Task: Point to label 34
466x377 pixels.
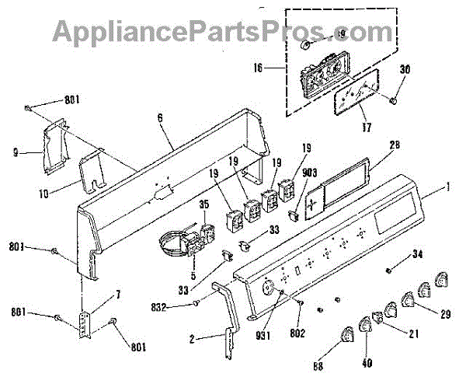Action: [x=418, y=253]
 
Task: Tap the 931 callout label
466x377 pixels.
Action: [x=269, y=323]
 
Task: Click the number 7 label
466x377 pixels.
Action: [x=118, y=295]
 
